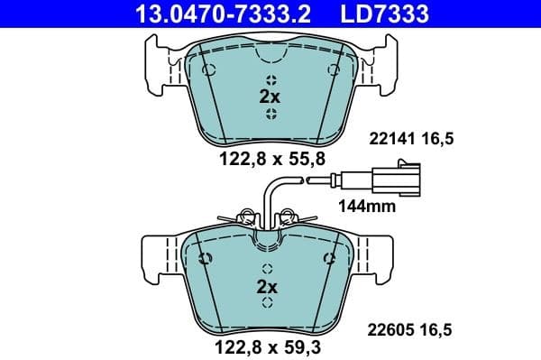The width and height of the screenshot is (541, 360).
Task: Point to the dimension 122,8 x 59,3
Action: coord(270,346)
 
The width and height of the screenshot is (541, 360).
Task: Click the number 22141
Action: coord(389,139)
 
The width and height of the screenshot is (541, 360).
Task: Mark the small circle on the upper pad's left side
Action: coord(208,70)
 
